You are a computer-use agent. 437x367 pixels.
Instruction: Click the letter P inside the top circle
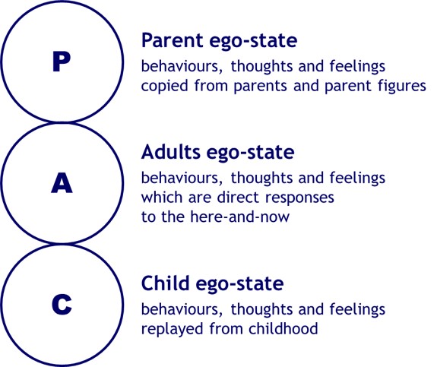click(x=62, y=62)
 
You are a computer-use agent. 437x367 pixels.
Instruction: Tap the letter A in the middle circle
click(x=62, y=183)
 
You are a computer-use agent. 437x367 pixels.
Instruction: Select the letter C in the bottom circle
click(x=62, y=304)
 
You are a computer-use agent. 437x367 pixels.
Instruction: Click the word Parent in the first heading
click(x=173, y=41)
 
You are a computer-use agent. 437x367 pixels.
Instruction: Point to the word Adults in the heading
click(x=171, y=152)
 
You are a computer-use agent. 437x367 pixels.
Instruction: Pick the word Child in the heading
click(x=166, y=283)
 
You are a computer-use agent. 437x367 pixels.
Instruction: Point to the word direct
click(x=239, y=198)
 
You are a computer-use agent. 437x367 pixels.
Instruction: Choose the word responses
click(x=299, y=198)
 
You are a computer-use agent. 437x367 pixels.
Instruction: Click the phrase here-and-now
click(x=239, y=217)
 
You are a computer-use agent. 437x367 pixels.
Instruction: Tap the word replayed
click(x=172, y=329)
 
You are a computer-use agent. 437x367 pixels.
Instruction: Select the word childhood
click(x=283, y=328)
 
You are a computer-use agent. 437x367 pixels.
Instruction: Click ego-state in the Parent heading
click(x=253, y=42)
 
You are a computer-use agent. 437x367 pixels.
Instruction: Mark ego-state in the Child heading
click(x=239, y=284)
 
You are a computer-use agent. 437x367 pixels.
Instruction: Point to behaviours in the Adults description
click(x=182, y=179)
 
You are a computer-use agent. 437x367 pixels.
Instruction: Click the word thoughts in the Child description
click(x=261, y=309)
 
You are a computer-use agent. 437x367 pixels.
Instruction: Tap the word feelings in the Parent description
click(x=357, y=67)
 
